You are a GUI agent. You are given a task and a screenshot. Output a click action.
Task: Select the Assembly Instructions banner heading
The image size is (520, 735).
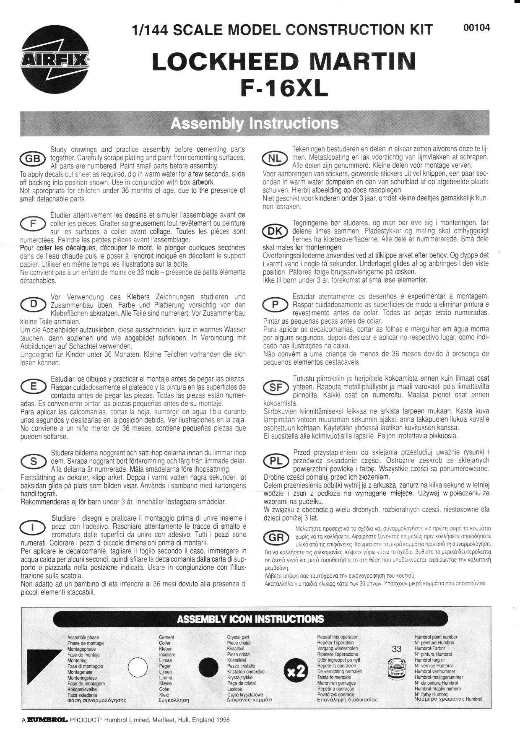click(255, 123)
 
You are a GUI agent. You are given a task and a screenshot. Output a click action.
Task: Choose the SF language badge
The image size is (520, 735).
click(275, 388)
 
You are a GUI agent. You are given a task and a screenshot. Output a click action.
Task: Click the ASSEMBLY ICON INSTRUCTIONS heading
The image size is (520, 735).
click(250, 619)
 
